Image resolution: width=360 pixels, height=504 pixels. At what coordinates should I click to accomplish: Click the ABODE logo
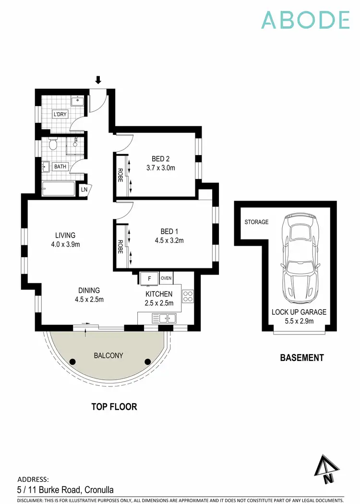pyautogui.click(x=305, y=20)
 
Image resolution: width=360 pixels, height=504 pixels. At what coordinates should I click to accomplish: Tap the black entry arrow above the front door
pyautogui.click(x=98, y=80)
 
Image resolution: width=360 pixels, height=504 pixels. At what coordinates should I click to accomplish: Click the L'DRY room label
pyautogui.click(x=60, y=115)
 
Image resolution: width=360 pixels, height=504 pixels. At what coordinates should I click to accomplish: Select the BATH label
pyautogui.click(x=60, y=167)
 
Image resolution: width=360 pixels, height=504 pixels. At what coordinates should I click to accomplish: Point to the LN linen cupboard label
pyautogui.click(x=84, y=190)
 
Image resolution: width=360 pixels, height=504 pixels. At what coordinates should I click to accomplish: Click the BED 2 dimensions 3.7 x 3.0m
pyautogui.click(x=161, y=168)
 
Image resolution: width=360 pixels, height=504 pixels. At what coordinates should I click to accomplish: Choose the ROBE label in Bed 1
pyautogui.click(x=120, y=247)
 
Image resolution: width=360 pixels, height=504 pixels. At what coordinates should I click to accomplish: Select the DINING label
pyautogui.click(x=89, y=290)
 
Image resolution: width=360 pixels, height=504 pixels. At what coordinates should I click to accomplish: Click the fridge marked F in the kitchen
pyautogui.click(x=149, y=278)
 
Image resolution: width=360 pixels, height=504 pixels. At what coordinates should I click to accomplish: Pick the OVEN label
pyautogui.click(x=166, y=277)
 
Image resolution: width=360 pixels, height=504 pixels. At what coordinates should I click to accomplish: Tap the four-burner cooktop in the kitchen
pyautogui.click(x=188, y=297)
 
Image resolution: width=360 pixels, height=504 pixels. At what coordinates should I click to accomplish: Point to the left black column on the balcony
pyautogui.click(x=72, y=361)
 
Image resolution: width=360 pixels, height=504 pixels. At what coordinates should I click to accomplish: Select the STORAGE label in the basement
pyautogui.click(x=256, y=222)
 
